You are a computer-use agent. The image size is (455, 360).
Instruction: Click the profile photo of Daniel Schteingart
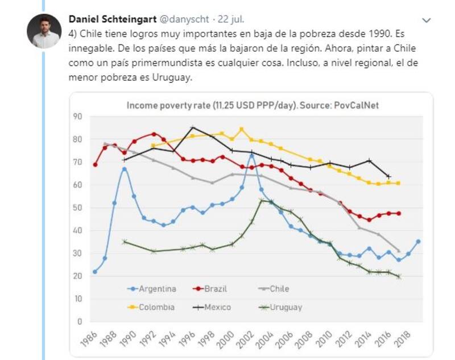pyautogui.click(x=44, y=31)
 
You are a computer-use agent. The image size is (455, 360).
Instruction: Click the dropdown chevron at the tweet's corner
pyautogui.click(x=427, y=20)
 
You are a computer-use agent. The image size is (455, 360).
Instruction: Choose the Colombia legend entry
pyautogui.click(x=156, y=307)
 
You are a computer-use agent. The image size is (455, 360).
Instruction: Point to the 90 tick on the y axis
pyautogui.click(x=78, y=116)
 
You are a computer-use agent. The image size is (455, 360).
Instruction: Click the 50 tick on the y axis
pyautogui.click(x=78, y=208)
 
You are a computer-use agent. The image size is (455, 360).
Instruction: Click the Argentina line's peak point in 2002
pyautogui.click(x=251, y=155)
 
